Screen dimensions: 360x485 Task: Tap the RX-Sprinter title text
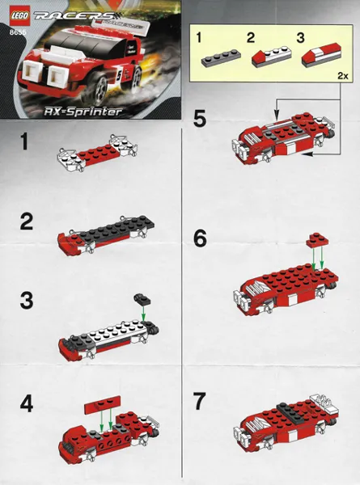point(83,112)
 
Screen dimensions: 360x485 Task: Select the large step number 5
point(200,119)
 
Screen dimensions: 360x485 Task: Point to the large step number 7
point(199,401)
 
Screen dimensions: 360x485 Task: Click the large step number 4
point(27,404)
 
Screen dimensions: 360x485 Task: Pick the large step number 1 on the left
point(24,141)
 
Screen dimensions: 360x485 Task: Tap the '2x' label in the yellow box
point(343,76)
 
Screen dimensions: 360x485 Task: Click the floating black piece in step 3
point(142,299)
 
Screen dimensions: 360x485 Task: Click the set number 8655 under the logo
point(18,32)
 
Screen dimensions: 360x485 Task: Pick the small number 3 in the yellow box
point(300,38)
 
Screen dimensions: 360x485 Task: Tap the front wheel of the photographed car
point(100,86)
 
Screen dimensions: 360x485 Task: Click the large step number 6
point(200,239)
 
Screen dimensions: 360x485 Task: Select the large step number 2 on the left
point(27,222)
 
